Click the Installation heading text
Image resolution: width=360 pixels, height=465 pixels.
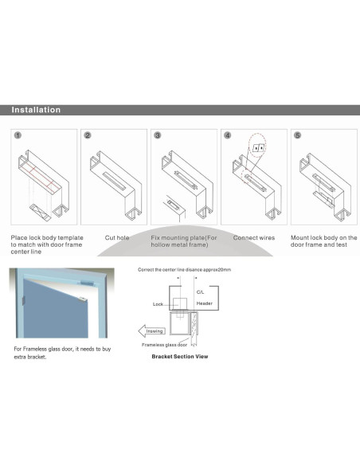pyautogui.click(x=36, y=110)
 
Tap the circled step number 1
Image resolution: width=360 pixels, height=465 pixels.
pyautogui.click(x=18, y=136)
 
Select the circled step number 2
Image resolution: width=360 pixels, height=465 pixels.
pyautogui.click(x=88, y=136)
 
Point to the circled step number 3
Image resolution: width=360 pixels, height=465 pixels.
pyautogui.click(x=157, y=136)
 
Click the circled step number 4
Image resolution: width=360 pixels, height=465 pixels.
pyautogui.click(x=227, y=136)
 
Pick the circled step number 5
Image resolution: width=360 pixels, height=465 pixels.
pyautogui.click(x=297, y=136)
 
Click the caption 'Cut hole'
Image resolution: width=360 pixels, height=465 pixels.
pyautogui.click(x=118, y=237)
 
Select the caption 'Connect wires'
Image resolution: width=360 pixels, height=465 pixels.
pyautogui.click(x=254, y=237)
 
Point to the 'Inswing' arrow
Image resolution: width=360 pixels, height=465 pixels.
pyautogui.click(x=153, y=330)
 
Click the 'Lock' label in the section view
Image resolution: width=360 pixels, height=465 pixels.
pyautogui.click(x=159, y=304)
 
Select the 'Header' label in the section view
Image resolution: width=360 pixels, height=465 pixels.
pyautogui.click(x=204, y=304)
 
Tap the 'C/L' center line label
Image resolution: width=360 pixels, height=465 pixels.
pyautogui.click(x=200, y=292)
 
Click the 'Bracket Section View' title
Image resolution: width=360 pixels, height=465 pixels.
pyautogui.click(x=180, y=357)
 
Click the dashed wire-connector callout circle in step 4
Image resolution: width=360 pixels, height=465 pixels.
pyautogui.click(x=256, y=147)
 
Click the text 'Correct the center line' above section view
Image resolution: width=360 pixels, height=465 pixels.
pyautogui.click(x=164, y=270)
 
